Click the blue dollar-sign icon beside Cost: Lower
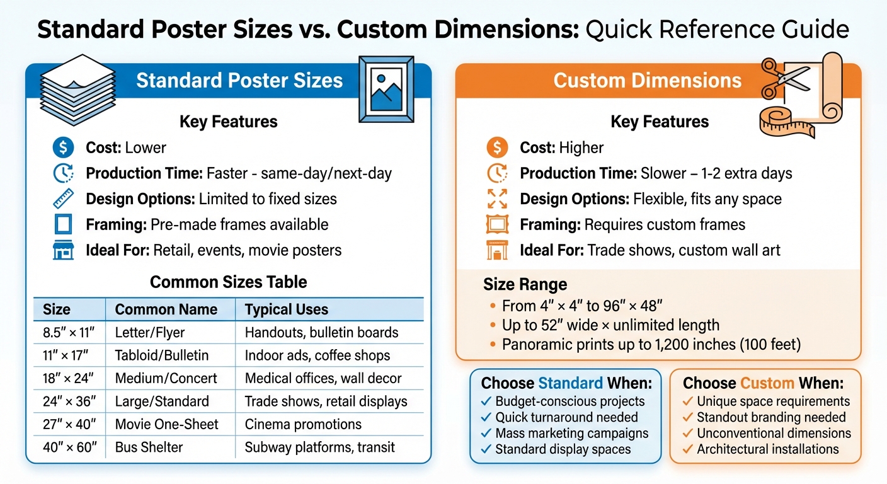click(62, 148)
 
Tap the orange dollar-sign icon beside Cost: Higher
click(497, 148)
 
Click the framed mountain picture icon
click(386, 89)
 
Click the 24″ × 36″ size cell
click(68, 401)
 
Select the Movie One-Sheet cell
click(166, 424)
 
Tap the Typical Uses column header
click(286, 309)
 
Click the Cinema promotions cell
click(303, 424)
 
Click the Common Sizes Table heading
click(228, 282)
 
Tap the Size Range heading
click(525, 284)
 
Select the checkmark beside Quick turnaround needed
click(486, 417)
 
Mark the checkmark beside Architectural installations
click(689, 449)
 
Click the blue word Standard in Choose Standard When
click(570, 383)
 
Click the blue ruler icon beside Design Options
click(62, 199)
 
